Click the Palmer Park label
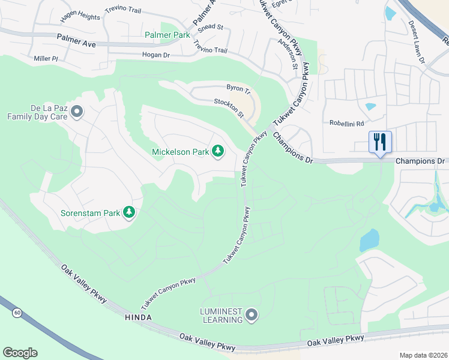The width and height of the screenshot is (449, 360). [x=167, y=35]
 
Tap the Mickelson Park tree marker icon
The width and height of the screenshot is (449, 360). [x=218, y=152]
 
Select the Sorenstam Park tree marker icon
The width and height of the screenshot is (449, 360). [x=128, y=212]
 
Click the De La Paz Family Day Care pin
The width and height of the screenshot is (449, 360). [x=76, y=112]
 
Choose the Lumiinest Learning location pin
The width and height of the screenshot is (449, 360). [x=252, y=315]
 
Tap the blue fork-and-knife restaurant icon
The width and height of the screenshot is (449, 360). [x=380, y=143]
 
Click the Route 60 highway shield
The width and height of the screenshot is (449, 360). [x=16, y=312]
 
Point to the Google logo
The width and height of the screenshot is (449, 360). [x=20, y=353]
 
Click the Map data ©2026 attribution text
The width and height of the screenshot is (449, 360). [x=423, y=355]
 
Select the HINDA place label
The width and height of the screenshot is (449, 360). [x=139, y=317]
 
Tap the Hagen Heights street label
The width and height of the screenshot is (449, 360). [x=80, y=17]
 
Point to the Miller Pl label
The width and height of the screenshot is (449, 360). [x=46, y=59]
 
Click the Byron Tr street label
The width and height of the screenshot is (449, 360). [x=238, y=88]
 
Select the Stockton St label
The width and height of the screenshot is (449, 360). [x=229, y=108]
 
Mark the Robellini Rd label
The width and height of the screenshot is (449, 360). [x=346, y=124]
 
